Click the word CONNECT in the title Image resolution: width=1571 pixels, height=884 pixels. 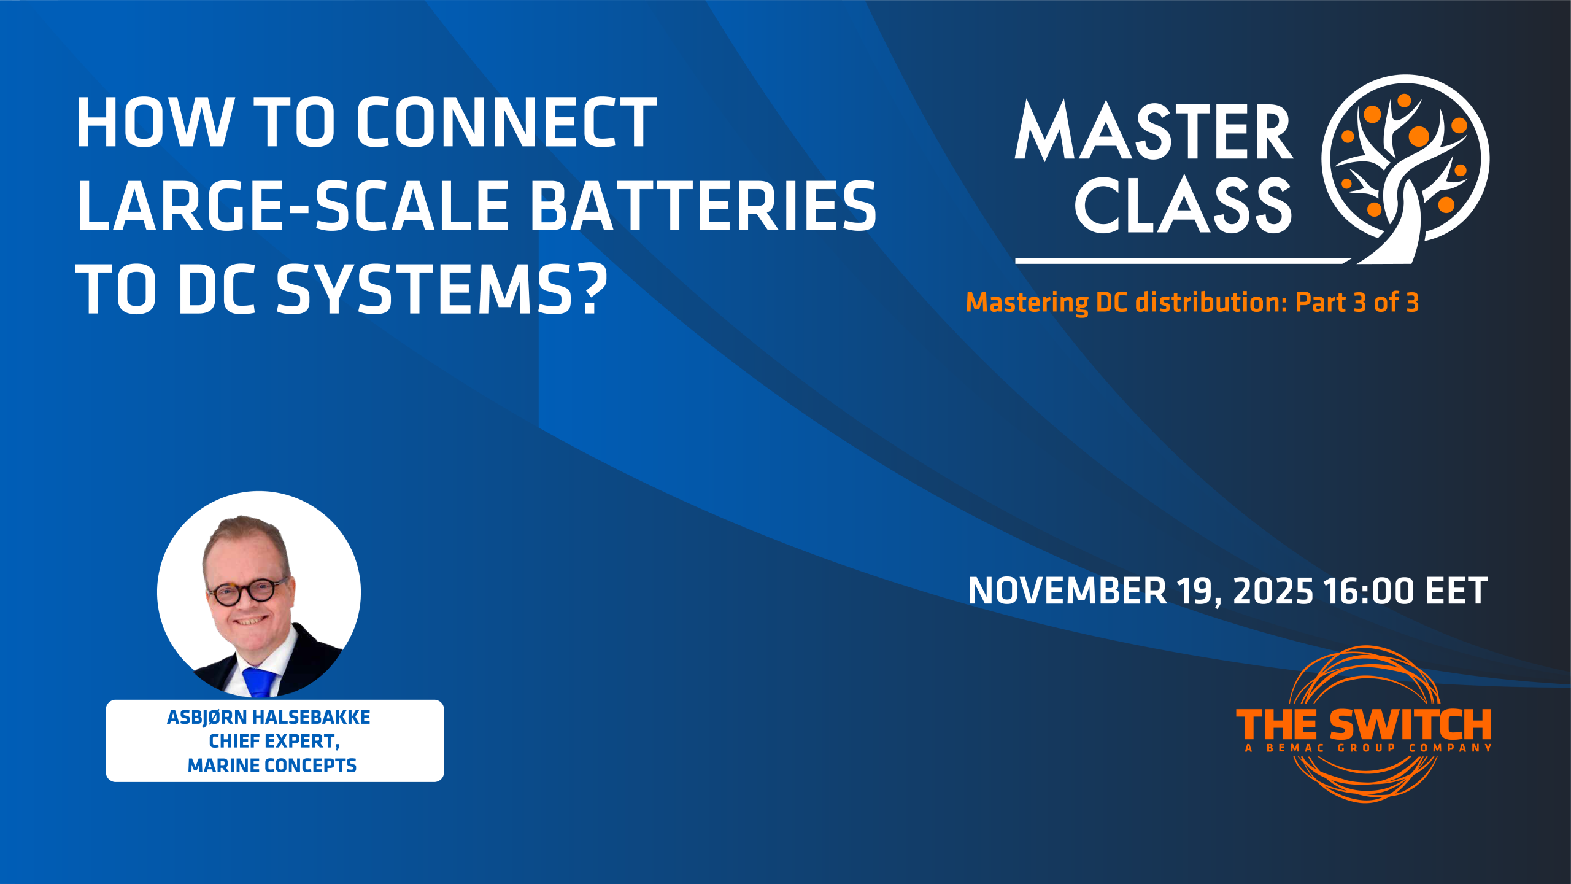506,123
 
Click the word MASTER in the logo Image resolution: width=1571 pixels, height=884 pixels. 1154,131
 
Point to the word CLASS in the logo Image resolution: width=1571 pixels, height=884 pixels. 1183,206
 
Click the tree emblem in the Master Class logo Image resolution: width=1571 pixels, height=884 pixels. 1405,169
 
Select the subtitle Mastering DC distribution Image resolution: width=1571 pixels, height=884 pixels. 1127,303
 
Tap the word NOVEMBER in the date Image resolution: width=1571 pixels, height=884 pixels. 1067,591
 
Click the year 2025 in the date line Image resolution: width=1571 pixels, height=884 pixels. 1273,591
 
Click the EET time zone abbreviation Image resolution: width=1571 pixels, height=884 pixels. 1456,591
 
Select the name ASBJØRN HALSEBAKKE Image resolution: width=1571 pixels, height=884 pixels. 269,717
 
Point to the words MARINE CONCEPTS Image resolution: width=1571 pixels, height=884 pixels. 272,766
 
